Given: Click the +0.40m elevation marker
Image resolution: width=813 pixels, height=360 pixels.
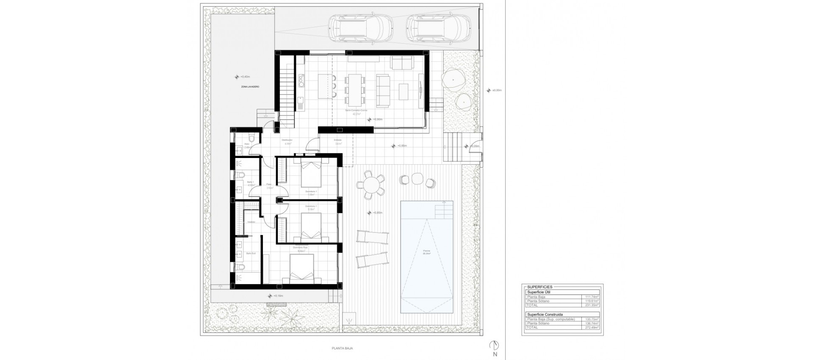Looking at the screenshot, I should click(243, 77).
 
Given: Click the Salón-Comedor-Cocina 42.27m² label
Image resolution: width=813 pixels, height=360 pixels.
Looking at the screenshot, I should click(356, 111).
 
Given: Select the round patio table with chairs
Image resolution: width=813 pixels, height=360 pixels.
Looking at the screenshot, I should click(371, 185).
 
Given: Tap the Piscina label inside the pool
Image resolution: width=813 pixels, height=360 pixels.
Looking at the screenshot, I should click(427, 252).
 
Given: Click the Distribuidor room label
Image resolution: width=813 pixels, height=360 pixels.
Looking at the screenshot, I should click(287, 141).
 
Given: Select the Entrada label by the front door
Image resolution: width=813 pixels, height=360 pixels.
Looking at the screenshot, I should click(337, 141).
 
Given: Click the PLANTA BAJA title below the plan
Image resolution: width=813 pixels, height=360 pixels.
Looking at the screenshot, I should click(343, 348).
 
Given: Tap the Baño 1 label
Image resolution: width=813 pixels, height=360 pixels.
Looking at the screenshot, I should click(250, 183).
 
